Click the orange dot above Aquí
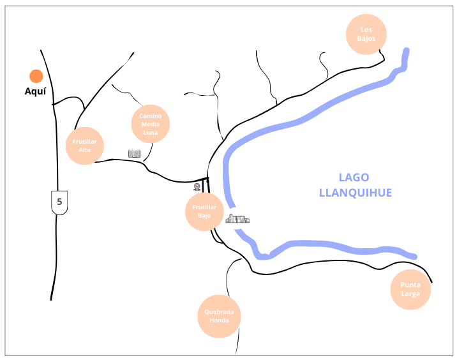[36, 77]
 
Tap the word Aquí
[36, 92]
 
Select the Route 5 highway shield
[59, 202]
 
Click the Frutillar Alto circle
[85, 146]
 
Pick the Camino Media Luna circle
[150, 124]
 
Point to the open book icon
[134, 153]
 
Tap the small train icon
[197, 187]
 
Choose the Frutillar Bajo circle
[204, 211]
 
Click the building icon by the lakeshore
[237, 219]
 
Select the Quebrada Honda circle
[219, 316]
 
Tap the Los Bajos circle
[366, 34]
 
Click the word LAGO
[354, 177]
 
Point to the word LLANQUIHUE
[355, 192]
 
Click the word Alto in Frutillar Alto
[85, 150]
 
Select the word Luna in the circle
[150, 132]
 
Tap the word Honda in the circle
[219, 320]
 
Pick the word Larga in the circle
[410, 294]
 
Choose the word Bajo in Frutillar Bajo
[204, 216]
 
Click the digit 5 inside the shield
[59, 202]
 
